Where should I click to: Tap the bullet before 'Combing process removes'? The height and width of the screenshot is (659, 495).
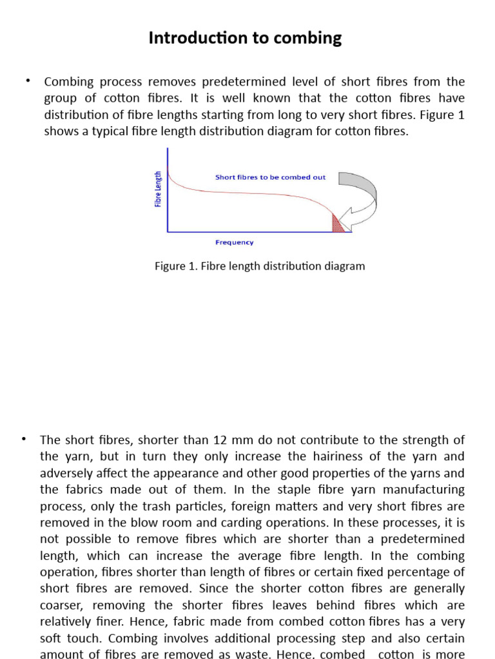click(28, 80)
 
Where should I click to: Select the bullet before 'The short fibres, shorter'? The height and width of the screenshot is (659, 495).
click(24, 439)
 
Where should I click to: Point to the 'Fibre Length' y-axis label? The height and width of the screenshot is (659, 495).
click(158, 189)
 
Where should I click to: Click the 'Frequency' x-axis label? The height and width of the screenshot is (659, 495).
click(234, 243)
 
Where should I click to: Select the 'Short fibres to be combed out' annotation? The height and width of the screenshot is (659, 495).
click(270, 177)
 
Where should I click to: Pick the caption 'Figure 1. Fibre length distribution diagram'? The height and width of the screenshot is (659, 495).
click(260, 266)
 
